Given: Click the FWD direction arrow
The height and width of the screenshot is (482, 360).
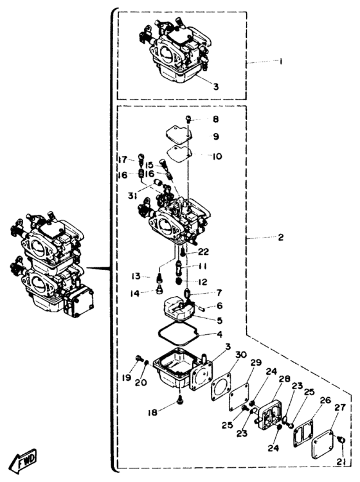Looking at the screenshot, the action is click(22, 461).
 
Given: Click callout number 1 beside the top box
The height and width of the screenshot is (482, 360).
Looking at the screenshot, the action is click(280, 62).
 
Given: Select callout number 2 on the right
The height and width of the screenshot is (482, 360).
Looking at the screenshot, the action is click(280, 237).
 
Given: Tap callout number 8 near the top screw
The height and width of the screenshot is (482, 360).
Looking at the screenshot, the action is click(216, 120).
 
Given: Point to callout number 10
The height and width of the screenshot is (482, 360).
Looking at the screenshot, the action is click(217, 156).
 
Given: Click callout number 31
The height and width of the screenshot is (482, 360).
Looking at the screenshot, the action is click(132, 195).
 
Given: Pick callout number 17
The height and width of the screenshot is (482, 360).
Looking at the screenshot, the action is click(123, 160).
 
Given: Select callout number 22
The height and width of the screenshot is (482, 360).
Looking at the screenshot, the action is click(204, 252).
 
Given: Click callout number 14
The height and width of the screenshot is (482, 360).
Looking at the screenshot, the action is click(134, 294).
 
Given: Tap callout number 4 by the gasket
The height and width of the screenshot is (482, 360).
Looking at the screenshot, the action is click(219, 334).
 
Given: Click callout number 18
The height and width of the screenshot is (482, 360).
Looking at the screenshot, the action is click(152, 413).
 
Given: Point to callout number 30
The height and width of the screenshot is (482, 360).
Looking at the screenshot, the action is click(241, 355).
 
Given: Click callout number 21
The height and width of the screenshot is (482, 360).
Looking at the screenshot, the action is click(341, 462).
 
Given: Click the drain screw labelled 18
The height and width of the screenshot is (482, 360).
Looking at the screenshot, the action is click(180, 400).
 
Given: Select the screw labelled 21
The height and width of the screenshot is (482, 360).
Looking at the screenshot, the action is click(340, 440).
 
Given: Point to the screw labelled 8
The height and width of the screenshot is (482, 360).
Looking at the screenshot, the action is click(189, 118).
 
